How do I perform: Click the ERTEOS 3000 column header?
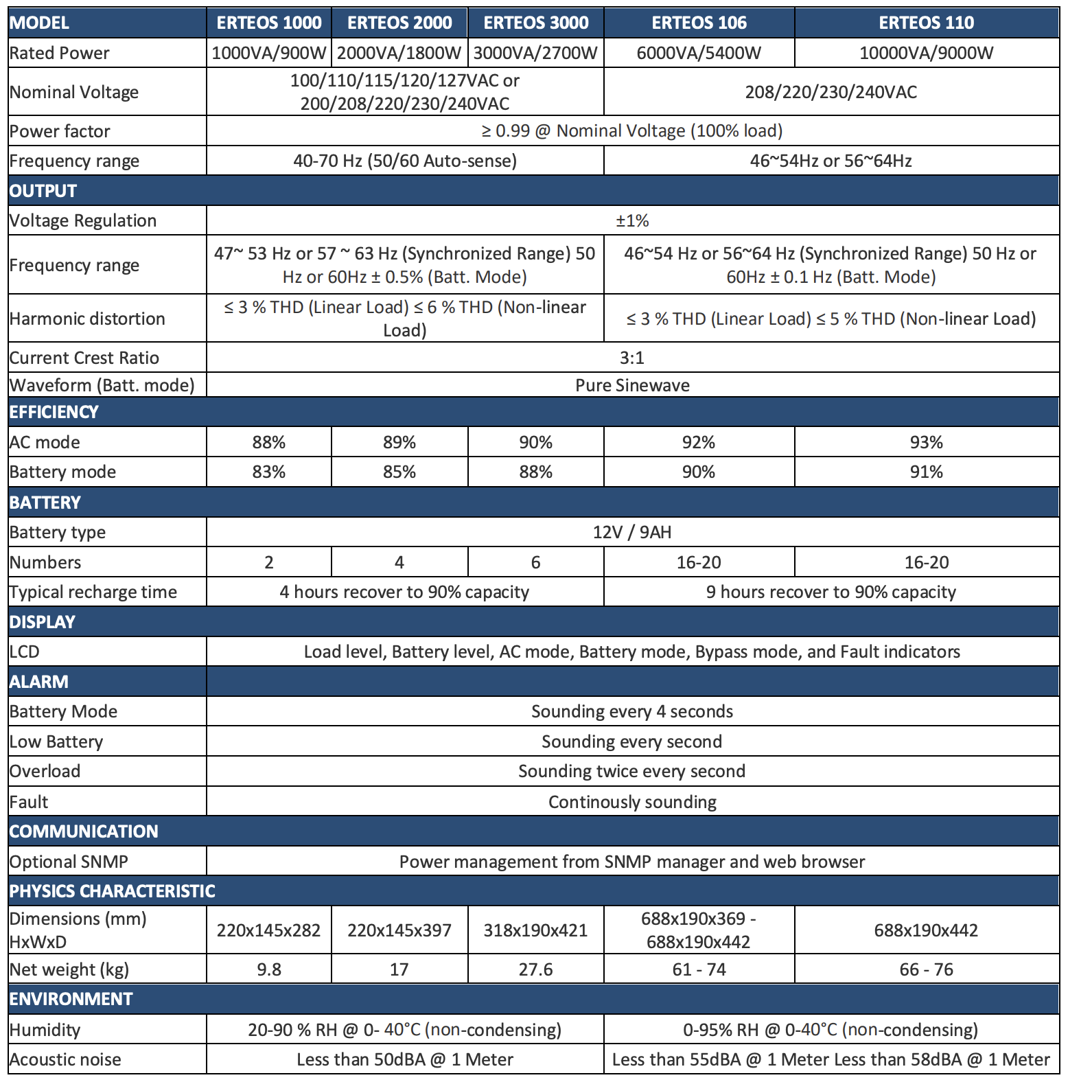tap(536, 23)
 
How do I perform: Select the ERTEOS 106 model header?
tap(699, 23)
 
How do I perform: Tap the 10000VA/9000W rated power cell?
tap(926, 53)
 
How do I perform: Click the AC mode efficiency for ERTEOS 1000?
tap(268, 442)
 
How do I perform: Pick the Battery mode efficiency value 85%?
tap(399, 472)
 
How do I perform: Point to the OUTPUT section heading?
tap(43, 191)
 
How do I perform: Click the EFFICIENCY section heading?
tap(54, 412)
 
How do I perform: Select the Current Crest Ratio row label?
tap(84, 358)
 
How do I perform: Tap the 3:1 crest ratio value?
tap(631, 358)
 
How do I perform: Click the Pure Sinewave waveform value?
tap(632, 385)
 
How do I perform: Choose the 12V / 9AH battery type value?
tap(632, 532)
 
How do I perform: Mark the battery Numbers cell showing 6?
tap(535, 562)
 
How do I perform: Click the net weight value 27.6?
tap(535, 969)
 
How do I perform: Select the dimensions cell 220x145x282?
tap(268, 930)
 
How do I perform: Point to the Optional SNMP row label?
tap(69, 862)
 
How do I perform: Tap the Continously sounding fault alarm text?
tap(632, 802)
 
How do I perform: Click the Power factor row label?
tap(60, 131)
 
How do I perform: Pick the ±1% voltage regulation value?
tap(632, 220)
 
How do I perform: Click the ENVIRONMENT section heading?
tap(71, 999)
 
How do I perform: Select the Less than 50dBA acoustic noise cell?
tap(405, 1059)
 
